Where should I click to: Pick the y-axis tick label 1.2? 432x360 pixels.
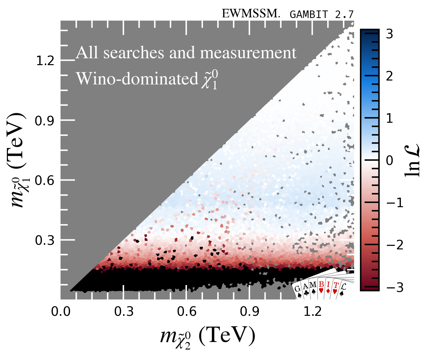tap(45, 61)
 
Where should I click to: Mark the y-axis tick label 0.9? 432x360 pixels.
tap(44, 121)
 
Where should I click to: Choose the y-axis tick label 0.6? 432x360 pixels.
tap(44, 180)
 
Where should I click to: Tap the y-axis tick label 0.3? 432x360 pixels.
tap(44, 241)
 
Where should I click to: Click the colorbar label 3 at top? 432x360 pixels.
tap(389, 34)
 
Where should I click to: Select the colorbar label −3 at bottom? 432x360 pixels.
tap(395, 288)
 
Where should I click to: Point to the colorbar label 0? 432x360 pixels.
tap(389, 160)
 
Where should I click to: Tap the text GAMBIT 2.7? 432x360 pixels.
tap(322, 14)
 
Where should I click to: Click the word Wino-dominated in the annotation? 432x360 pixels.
tap(137, 79)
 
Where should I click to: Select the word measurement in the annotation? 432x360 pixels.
tap(248, 53)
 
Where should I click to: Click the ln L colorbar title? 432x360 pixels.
tap(412, 160)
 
